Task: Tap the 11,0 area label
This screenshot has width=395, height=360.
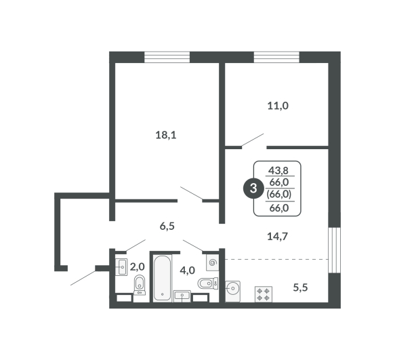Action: [x=278, y=106]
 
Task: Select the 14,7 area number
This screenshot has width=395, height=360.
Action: [x=277, y=237]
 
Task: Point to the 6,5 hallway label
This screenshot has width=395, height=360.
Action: [x=167, y=226]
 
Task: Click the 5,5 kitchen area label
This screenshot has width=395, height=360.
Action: [x=300, y=287]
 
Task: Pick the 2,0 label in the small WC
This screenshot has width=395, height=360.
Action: [x=138, y=266]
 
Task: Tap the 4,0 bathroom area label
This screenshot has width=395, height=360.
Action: [x=188, y=271]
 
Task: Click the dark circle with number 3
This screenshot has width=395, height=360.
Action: [x=253, y=188]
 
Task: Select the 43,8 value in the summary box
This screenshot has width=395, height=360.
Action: [x=278, y=171]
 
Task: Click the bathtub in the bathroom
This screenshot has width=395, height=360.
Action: [x=163, y=278]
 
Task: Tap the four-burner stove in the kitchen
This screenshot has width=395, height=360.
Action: [x=264, y=294]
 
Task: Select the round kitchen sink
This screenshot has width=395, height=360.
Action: [x=233, y=291]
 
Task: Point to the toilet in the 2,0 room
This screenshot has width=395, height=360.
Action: [x=140, y=285]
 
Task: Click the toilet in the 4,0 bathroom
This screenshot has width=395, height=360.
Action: [x=208, y=283]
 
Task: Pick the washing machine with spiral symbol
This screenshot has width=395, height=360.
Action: [x=212, y=262]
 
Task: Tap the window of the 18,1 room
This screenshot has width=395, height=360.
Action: [x=167, y=57]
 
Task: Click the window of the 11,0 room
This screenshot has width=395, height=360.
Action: [x=276, y=57]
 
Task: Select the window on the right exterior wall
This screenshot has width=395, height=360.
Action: [x=335, y=250]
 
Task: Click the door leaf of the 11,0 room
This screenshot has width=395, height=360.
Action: [x=253, y=140]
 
